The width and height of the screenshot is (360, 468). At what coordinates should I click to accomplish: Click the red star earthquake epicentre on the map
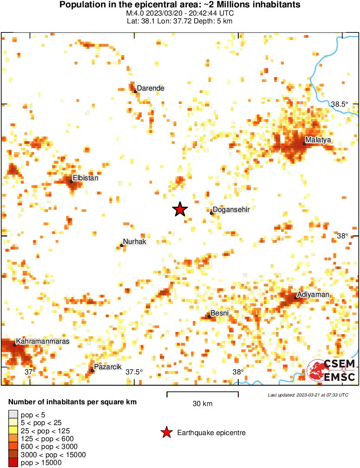pos(180,209)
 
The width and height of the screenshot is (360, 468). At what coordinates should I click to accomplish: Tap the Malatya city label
pos(318,140)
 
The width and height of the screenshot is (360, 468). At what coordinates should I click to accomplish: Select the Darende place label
pos(151,88)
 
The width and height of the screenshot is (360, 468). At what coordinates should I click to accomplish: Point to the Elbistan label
pos(86,178)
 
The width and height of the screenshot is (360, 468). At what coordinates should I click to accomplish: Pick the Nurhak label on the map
pos(135,242)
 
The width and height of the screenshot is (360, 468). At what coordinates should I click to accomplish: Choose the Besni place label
pos(220,313)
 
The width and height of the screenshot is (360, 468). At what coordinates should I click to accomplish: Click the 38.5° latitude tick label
pos(340,104)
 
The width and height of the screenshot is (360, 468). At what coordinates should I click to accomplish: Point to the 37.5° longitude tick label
pos(134,372)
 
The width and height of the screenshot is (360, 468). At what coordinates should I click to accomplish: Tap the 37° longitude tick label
pos(30,372)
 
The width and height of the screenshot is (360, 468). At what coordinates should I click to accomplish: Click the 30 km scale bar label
pos(202,404)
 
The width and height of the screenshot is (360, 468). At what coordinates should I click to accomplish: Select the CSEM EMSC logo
pos(331,370)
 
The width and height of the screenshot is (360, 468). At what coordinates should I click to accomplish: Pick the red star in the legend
pos(166,432)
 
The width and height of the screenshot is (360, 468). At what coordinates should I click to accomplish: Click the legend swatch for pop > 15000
pos(13,462)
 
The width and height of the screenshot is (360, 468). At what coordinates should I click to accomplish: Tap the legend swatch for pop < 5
pos(13,415)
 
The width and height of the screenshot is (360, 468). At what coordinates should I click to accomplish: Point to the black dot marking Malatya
pos(304,143)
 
